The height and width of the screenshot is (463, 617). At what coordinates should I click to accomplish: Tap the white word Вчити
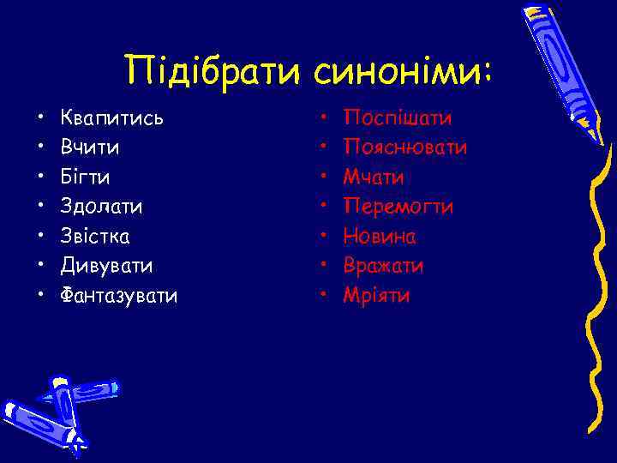point(90,147)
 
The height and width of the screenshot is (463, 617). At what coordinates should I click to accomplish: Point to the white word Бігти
point(85,177)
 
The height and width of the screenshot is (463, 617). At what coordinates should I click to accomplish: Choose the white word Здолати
point(102,207)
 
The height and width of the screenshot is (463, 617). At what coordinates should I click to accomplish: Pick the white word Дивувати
point(106,267)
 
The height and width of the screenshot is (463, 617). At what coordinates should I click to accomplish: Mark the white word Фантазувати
point(119,296)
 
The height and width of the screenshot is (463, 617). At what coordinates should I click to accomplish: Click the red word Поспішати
point(398,118)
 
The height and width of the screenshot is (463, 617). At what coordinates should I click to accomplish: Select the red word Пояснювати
point(405,147)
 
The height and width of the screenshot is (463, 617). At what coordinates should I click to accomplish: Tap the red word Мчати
point(374,177)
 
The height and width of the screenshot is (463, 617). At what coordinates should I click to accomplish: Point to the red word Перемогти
point(398,207)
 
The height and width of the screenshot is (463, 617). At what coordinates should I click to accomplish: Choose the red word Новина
point(380,237)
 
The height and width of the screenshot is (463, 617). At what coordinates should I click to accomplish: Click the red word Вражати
point(383,267)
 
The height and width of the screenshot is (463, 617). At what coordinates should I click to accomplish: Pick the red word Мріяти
point(376,296)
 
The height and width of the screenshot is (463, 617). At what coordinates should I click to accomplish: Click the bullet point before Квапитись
point(39,118)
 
